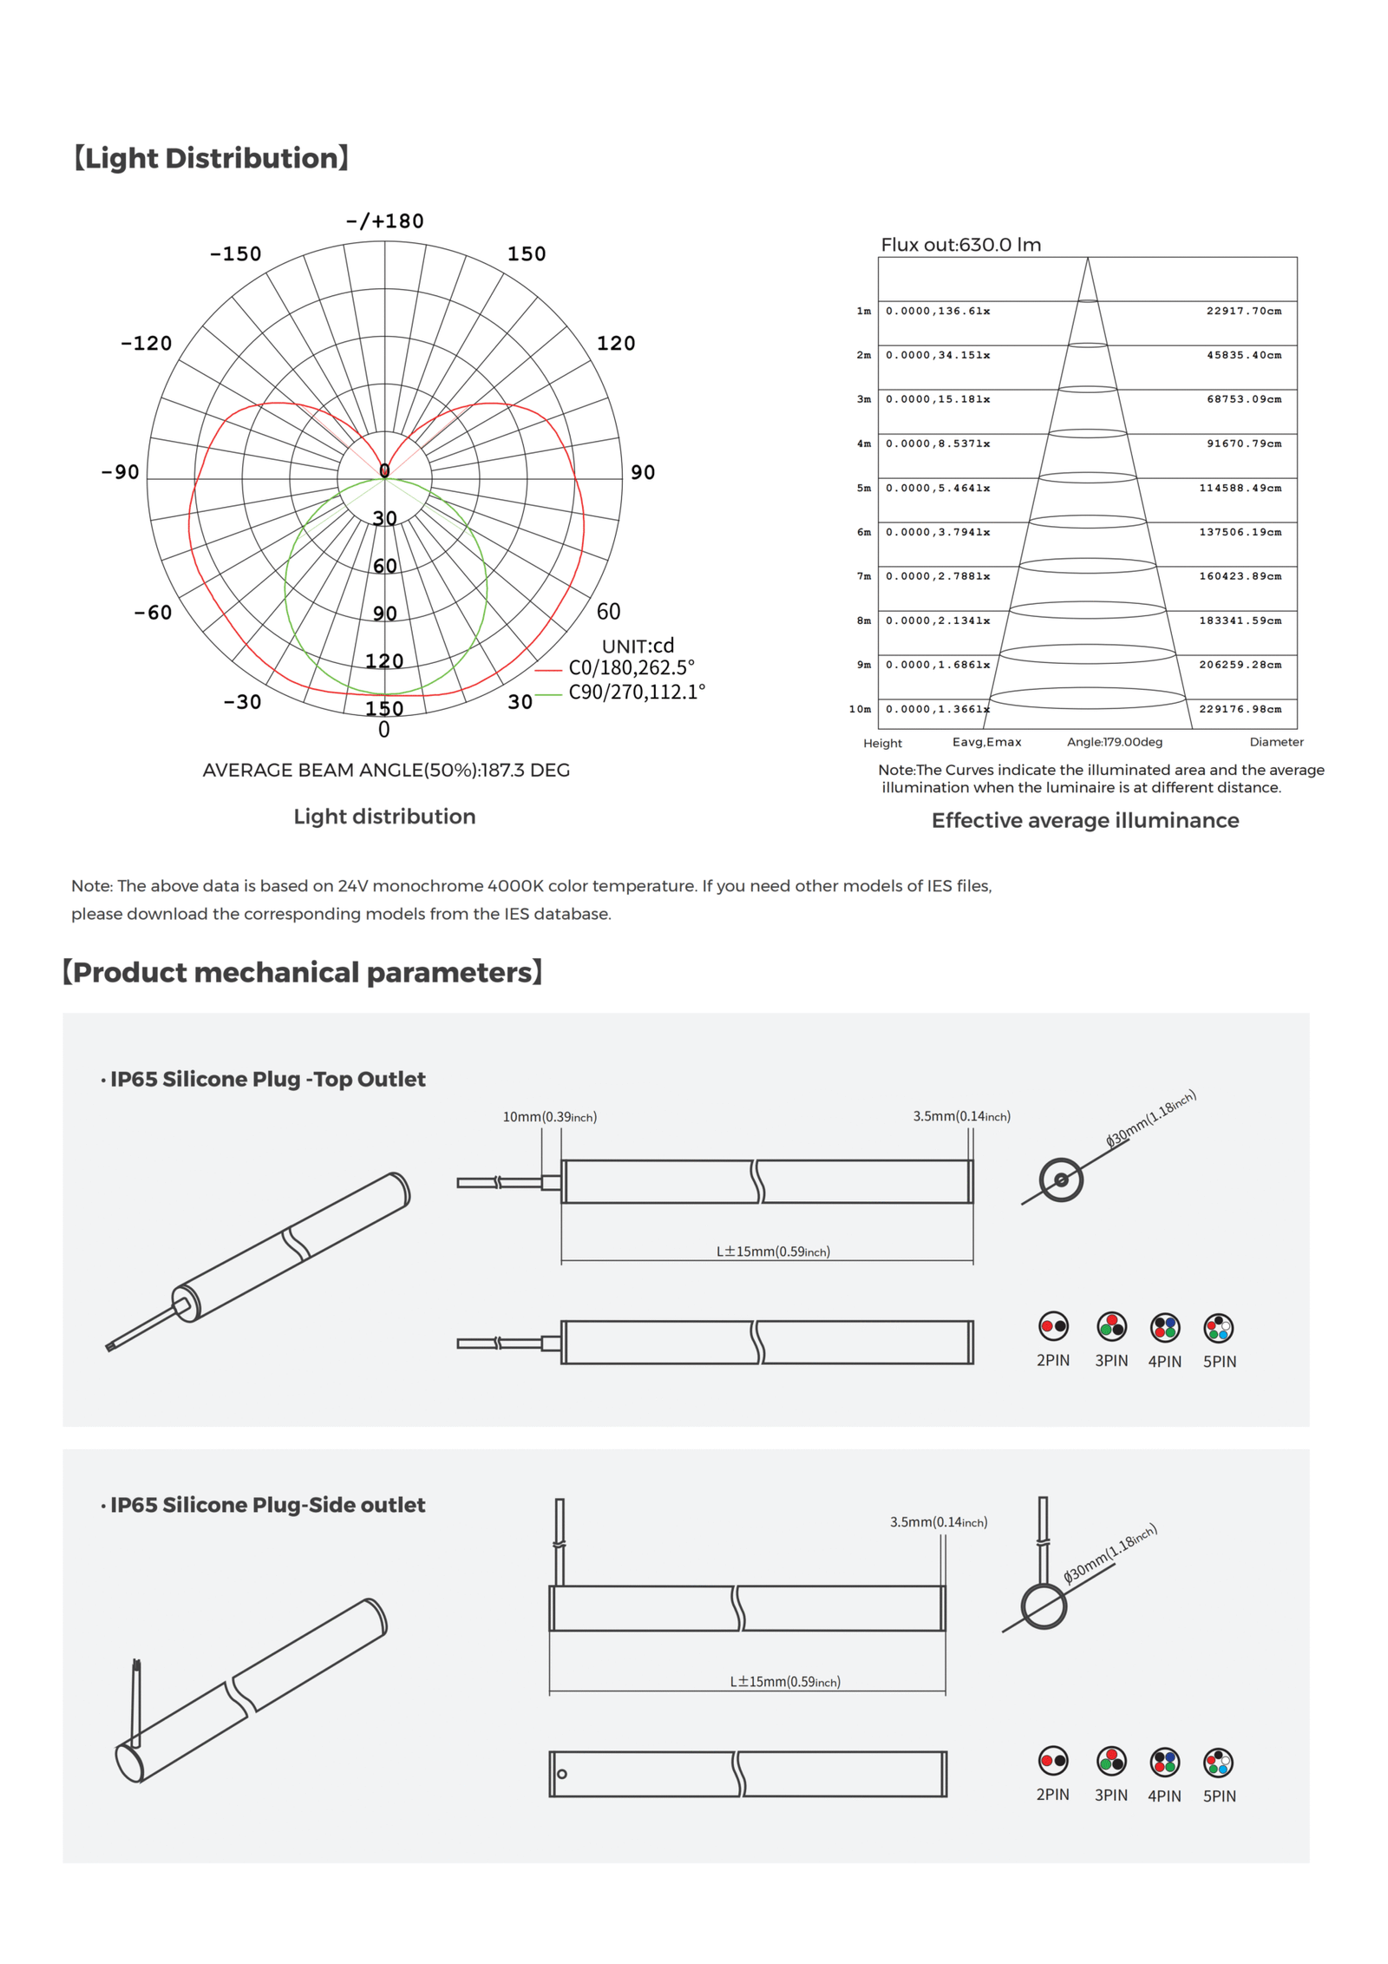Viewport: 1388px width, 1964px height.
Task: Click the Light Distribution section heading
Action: pyautogui.click(x=211, y=158)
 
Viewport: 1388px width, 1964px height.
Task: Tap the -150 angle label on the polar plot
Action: pyautogui.click(x=235, y=254)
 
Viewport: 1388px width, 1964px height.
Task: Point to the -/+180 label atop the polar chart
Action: pyautogui.click(x=384, y=221)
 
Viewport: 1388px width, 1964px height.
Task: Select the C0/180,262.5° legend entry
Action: pyautogui.click(x=631, y=667)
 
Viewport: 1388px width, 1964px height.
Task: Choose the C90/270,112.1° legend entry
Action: pyautogui.click(x=636, y=692)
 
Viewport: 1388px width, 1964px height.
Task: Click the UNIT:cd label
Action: pyautogui.click(x=638, y=646)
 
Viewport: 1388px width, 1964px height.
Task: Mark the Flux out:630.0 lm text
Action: pyautogui.click(x=960, y=245)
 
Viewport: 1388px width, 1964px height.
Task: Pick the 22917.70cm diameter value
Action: pyautogui.click(x=1243, y=311)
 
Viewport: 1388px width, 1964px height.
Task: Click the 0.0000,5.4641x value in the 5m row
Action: pyautogui.click(x=937, y=488)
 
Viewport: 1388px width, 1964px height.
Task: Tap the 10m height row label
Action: pyautogui.click(x=860, y=709)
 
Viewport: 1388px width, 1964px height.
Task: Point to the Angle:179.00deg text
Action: pyautogui.click(x=1114, y=742)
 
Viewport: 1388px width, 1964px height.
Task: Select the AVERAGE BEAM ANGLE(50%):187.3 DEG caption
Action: pyautogui.click(x=386, y=770)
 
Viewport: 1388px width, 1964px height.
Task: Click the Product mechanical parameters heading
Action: pyautogui.click(x=302, y=972)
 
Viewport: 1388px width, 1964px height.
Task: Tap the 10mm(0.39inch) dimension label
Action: pyautogui.click(x=549, y=1117)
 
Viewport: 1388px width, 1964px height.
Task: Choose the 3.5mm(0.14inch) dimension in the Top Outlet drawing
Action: pyautogui.click(x=961, y=1116)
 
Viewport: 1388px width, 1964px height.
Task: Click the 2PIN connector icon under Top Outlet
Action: pyautogui.click(x=1053, y=1326)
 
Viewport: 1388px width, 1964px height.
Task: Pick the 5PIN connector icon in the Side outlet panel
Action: pyautogui.click(x=1218, y=1762)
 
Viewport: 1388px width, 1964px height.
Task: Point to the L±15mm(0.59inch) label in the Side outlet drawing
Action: pyautogui.click(x=784, y=1682)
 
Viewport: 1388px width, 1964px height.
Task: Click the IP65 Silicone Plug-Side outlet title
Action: pyautogui.click(x=267, y=1505)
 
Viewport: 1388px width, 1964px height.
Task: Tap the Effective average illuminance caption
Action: pyautogui.click(x=1084, y=820)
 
